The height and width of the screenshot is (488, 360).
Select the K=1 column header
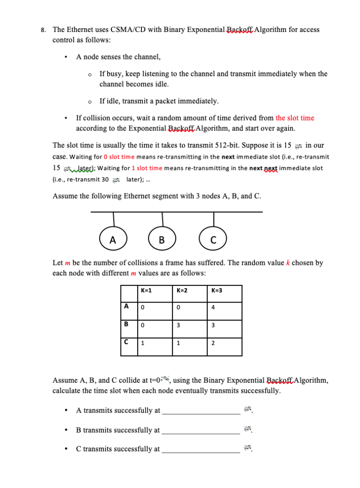[x=146, y=290]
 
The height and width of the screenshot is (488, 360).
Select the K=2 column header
[x=181, y=290]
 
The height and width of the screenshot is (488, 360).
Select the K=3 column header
[x=217, y=290]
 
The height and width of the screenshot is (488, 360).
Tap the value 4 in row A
[x=213, y=307]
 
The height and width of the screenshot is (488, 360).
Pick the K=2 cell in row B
[x=178, y=325]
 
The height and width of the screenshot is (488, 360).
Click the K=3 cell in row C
[x=213, y=343]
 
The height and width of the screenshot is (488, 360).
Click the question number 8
[x=43, y=30]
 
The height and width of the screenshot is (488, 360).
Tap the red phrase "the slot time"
[x=295, y=118]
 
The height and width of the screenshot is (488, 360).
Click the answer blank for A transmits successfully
[x=201, y=411]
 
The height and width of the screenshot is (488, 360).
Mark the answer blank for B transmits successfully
[x=201, y=430]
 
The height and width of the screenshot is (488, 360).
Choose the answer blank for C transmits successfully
[x=201, y=449]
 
